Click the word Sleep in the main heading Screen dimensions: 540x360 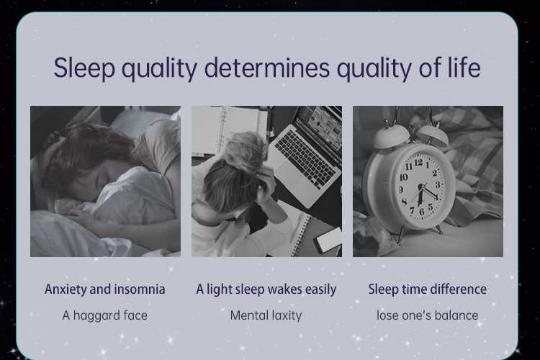click(x=84, y=68)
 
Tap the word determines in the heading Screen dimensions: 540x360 click(x=267, y=68)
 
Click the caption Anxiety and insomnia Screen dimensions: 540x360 click(x=104, y=289)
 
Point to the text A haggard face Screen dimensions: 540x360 click(x=104, y=315)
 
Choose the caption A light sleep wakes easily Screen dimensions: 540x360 click(x=266, y=289)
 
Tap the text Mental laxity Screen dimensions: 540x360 click(x=266, y=315)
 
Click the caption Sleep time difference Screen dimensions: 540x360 click(x=428, y=289)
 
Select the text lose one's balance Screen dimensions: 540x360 click(x=428, y=315)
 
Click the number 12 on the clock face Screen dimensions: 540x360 click(x=418, y=162)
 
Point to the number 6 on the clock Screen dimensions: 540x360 click(x=421, y=211)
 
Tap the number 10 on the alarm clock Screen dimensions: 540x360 click(x=403, y=177)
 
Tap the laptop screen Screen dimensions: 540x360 click(x=321, y=127)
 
